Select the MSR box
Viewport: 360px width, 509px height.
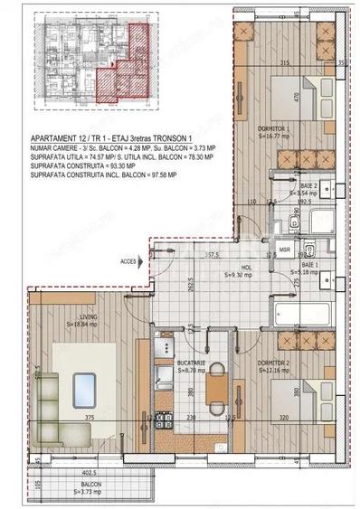pyautogui.click(x=284, y=248)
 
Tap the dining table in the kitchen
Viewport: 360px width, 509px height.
pyautogui.click(x=216, y=391)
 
